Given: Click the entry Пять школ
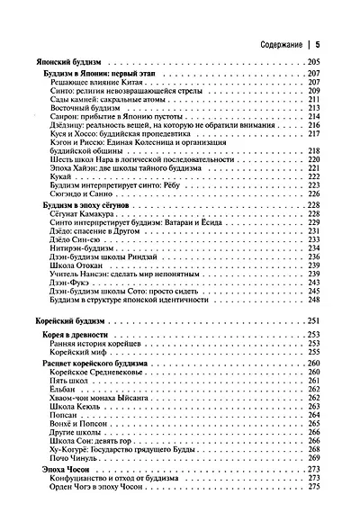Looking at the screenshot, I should tap(81, 381).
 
